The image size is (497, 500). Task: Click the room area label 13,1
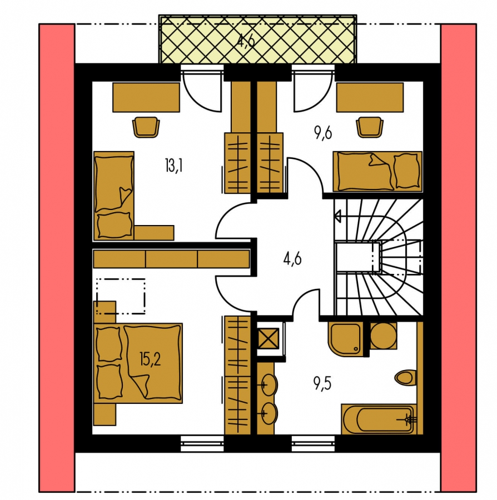point(174,167)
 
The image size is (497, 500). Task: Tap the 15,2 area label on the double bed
point(150,359)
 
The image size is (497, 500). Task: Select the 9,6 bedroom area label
point(323,133)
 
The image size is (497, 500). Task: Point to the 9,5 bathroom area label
point(322,383)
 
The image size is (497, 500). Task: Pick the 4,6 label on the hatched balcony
point(246,41)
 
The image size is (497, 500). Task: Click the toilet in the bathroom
point(405,378)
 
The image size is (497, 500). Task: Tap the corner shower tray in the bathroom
point(345,339)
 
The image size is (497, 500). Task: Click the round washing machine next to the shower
point(384,336)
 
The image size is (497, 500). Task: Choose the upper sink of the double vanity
point(269,385)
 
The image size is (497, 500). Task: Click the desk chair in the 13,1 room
point(146,127)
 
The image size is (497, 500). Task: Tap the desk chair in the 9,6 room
point(370,127)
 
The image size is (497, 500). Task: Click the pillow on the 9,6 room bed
point(406,171)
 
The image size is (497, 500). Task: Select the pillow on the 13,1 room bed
point(114,225)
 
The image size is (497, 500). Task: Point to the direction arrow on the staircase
point(338,216)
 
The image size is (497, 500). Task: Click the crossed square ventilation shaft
point(269,338)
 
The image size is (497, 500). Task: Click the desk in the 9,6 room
point(370,97)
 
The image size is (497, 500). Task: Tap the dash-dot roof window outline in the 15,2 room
point(121,296)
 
